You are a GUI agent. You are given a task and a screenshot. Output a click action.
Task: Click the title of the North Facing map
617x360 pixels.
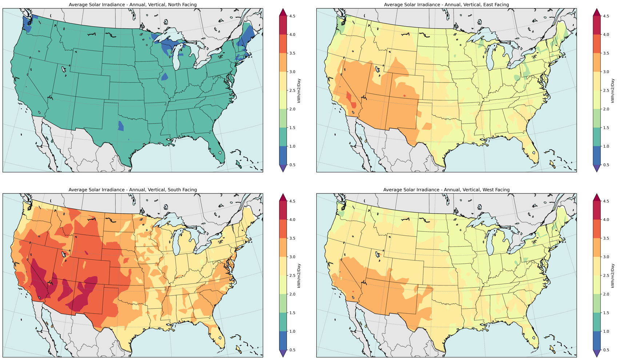(x=133, y=5)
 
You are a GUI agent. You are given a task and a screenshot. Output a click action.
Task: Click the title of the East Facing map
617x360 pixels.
(x=446, y=5)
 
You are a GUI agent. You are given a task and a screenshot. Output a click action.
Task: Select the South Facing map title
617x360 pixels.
(x=133, y=190)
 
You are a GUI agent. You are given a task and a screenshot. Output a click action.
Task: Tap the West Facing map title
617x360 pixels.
(x=446, y=190)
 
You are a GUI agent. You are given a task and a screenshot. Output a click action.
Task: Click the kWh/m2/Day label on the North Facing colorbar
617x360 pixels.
(x=299, y=91)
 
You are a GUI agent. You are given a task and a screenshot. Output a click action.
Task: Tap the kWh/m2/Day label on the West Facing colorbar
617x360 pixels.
(x=612, y=276)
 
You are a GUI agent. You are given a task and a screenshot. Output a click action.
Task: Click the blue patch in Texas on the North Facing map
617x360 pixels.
(x=121, y=126)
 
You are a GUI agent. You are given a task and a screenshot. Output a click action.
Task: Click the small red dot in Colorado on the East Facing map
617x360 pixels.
(x=404, y=96)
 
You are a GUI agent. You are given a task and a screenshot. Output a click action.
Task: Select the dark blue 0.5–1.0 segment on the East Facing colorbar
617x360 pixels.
(x=597, y=156)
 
